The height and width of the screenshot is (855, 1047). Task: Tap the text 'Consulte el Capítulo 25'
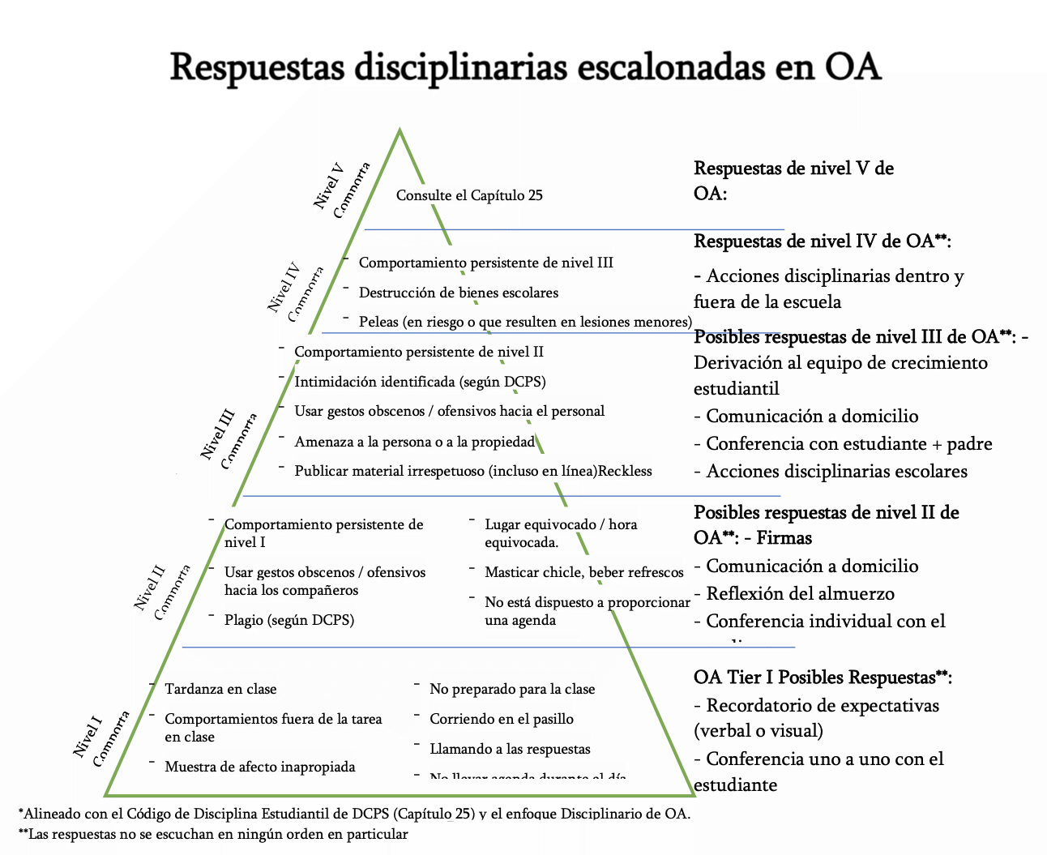tap(469, 195)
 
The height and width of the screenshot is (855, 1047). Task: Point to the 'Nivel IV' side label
tap(284, 287)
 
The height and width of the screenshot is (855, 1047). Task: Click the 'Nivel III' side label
tap(218, 434)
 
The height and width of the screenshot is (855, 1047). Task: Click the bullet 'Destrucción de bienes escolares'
tap(459, 293)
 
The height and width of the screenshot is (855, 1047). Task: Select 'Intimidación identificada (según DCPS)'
tap(420, 382)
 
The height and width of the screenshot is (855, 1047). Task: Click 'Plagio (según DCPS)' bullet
tap(289, 620)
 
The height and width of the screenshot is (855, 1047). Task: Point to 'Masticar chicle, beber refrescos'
tap(584, 572)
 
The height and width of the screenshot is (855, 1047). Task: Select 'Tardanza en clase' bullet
tap(220, 689)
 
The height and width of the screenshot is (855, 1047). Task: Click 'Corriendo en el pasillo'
tap(502, 719)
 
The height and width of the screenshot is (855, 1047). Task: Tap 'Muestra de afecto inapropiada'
tap(260, 767)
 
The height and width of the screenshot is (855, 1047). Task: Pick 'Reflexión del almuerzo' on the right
tap(800, 593)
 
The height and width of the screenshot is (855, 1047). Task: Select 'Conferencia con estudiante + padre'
tap(848, 443)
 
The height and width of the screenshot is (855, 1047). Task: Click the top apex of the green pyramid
tap(400, 130)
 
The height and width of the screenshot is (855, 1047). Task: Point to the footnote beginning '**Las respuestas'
tap(213, 834)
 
